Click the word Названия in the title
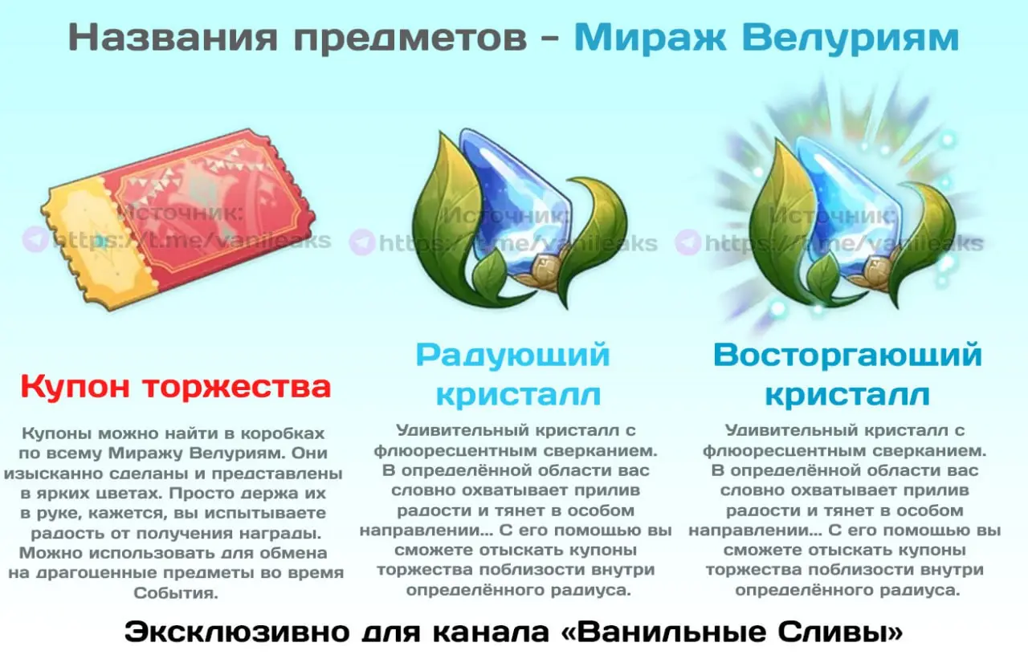[x=173, y=38]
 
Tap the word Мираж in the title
[x=651, y=38]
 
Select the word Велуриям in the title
[x=851, y=39]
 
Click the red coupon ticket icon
[x=179, y=219]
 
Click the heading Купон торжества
[x=176, y=388]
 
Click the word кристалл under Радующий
[x=518, y=395]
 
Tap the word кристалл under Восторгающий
[x=847, y=395]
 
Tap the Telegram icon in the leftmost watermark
[x=35, y=239]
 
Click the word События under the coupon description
[x=176, y=593]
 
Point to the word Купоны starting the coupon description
[x=58, y=433]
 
